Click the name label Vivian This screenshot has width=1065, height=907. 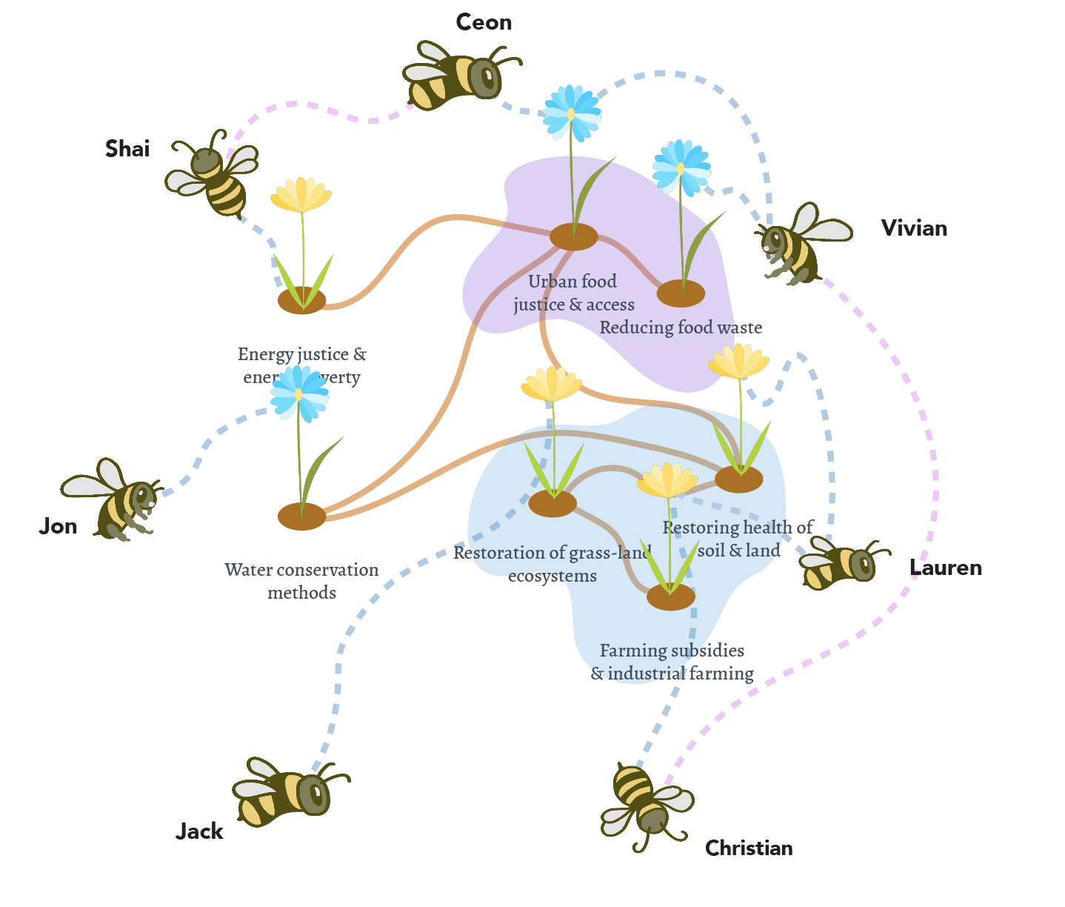point(914,228)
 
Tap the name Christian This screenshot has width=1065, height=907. point(748,848)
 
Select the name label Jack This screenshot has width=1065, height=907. point(199,831)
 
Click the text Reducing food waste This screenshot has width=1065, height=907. point(680,328)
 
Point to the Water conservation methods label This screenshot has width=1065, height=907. point(301,581)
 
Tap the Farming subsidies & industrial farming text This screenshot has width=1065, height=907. point(672,662)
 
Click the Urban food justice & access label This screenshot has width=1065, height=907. point(573,293)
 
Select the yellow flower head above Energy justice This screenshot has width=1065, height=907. point(301,195)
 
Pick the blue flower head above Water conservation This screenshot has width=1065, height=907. point(299,393)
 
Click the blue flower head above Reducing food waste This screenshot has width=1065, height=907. point(681,167)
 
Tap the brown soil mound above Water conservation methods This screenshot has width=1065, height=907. point(301,516)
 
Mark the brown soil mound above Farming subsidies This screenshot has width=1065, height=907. point(670,597)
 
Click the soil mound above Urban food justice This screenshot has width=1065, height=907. point(573,237)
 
